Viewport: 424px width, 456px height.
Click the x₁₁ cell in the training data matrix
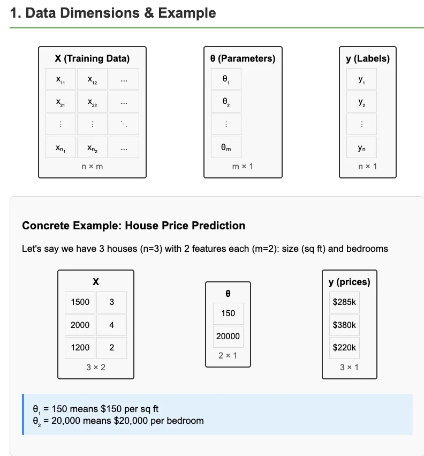click(x=61, y=79)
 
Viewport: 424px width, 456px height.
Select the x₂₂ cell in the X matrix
click(x=92, y=102)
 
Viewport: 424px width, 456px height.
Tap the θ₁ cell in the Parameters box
click(x=225, y=79)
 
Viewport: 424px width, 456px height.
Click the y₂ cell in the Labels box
click(x=361, y=102)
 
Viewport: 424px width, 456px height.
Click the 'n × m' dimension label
click(x=92, y=167)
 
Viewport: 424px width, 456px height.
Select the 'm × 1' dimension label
click(x=243, y=167)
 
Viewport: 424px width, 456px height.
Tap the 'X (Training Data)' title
click(x=92, y=58)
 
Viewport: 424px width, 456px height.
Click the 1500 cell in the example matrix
click(x=80, y=302)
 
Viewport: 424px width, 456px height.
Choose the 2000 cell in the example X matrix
click(x=80, y=325)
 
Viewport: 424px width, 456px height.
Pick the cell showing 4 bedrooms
click(x=111, y=325)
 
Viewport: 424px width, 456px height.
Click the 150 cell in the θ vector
click(x=228, y=313)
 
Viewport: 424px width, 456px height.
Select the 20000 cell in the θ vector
click(x=228, y=336)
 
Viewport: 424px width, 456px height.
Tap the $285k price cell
click(x=344, y=302)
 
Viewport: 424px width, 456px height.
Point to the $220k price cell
click(x=344, y=347)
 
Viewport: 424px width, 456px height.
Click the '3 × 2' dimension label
click(x=96, y=368)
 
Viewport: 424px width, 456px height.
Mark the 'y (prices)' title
click(x=349, y=282)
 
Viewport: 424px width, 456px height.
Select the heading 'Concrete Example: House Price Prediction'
click(x=133, y=226)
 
